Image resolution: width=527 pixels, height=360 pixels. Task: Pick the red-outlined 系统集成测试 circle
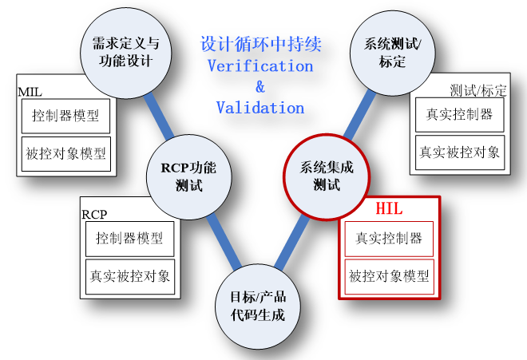coord(326,176)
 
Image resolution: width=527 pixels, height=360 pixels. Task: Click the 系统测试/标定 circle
coord(393,52)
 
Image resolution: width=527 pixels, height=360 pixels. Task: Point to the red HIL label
coord(389,210)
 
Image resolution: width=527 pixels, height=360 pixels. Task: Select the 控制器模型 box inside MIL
coord(65,116)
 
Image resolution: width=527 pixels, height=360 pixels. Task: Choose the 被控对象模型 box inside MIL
coord(65,152)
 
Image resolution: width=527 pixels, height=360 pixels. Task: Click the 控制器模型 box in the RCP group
coord(129,238)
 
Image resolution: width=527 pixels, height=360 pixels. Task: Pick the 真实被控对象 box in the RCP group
coord(129,276)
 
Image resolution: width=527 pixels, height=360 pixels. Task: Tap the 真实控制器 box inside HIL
coord(389,238)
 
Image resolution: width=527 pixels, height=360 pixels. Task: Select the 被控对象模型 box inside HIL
coord(389,277)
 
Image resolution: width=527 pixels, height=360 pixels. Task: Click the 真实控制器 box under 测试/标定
coord(458,115)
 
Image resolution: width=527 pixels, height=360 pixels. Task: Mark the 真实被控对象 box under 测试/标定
coord(458,152)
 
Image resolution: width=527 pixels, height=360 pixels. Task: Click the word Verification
coord(260,65)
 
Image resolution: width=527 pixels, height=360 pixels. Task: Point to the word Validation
coord(260,106)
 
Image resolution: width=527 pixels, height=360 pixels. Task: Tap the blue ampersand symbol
coord(260,86)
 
